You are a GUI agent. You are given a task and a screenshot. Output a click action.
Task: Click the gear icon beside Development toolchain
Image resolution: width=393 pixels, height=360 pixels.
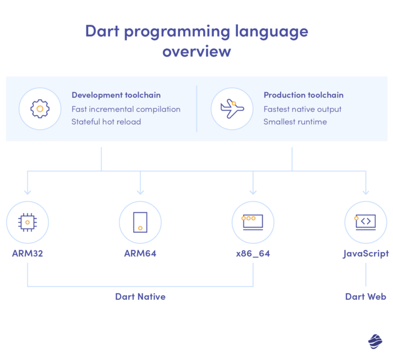(x=40, y=108)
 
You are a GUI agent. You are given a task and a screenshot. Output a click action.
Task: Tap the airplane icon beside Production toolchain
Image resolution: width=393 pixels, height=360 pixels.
(x=232, y=108)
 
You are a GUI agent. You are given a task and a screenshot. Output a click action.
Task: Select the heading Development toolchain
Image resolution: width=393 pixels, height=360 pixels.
(x=116, y=95)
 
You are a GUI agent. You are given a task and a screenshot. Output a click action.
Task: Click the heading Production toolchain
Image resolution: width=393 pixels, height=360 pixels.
(x=303, y=95)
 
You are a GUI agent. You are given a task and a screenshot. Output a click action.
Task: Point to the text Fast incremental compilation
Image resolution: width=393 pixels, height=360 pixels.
(x=126, y=109)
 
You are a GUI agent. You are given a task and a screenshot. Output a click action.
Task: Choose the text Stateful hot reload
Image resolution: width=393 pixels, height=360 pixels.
(x=106, y=121)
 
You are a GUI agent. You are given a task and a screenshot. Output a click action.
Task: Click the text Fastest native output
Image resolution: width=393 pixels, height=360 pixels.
(x=302, y=109)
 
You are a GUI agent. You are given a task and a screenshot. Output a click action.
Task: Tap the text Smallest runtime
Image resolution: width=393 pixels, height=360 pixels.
(x=295, y=121)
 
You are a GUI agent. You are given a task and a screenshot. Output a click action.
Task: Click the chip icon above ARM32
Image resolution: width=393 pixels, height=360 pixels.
(x=28, y=222)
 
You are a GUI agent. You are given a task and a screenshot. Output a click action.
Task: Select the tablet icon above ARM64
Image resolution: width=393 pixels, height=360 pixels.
(x=140, y=222)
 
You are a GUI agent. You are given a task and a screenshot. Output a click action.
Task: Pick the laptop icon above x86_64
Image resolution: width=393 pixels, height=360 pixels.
(x=253, y=222)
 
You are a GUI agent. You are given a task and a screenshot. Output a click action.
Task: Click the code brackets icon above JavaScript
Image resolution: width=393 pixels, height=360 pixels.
(x=365, y=222)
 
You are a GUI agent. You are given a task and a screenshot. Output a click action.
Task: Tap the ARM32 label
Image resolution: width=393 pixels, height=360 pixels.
(x=28, y=253)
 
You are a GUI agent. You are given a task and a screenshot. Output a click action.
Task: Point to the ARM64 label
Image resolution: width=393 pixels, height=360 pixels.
(x=140, y=253)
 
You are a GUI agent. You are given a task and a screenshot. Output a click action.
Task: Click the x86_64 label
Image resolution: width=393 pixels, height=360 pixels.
(x=253, y=253)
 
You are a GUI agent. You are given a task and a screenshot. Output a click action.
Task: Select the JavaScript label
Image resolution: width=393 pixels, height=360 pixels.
(x=365, y=253)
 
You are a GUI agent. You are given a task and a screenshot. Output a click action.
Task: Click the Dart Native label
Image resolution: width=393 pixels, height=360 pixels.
(x=140, y=297)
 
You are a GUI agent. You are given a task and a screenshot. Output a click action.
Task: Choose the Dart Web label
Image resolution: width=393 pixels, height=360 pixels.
(x=365, y=297)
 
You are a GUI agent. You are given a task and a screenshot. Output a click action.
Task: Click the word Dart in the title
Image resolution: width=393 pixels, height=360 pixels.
(x=103, y=31)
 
